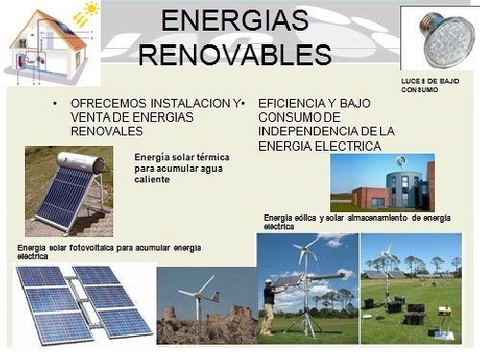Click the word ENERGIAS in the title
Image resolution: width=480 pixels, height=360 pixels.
(235, 22)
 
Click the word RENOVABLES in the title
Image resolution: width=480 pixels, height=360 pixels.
(235, 54)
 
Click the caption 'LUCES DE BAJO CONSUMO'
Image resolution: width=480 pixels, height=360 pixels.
(431, 85)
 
